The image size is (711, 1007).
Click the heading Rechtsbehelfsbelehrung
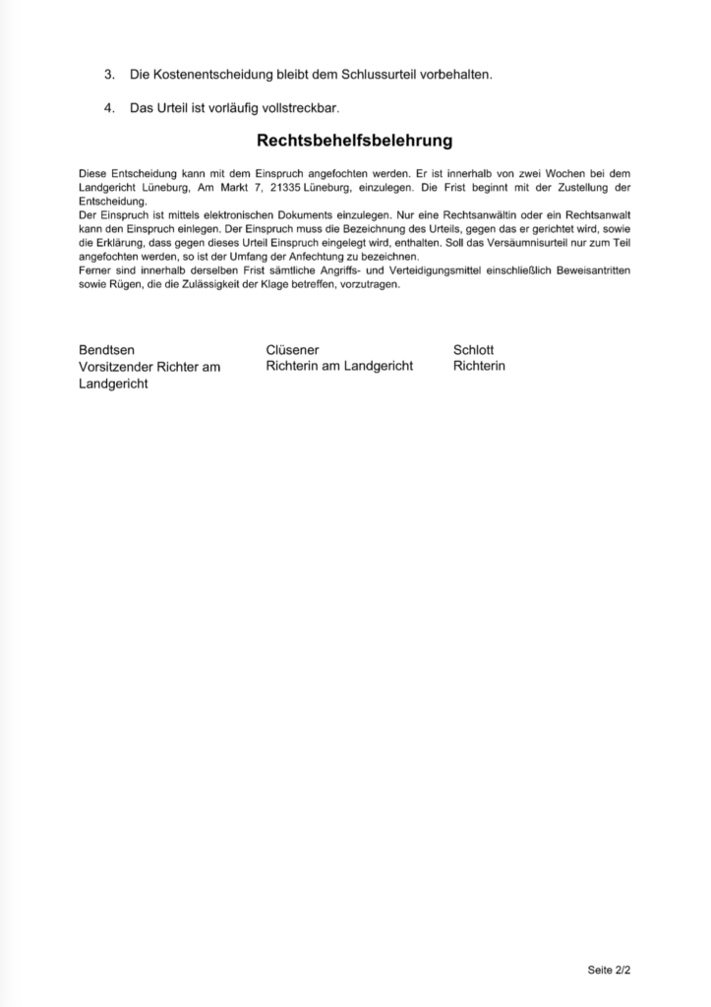click(x=354, y=141)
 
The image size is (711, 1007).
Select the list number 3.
click(x=109, y=75)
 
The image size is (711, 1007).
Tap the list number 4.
click(x=109, y=107)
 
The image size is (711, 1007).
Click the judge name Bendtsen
click(x=106, y=349)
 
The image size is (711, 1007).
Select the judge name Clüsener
click(x=292, y=349)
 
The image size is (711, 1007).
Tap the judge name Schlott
click(x=474, y=349)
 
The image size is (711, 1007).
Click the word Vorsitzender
click(x=122, y=367)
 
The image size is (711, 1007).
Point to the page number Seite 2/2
click(x=609, y=970)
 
